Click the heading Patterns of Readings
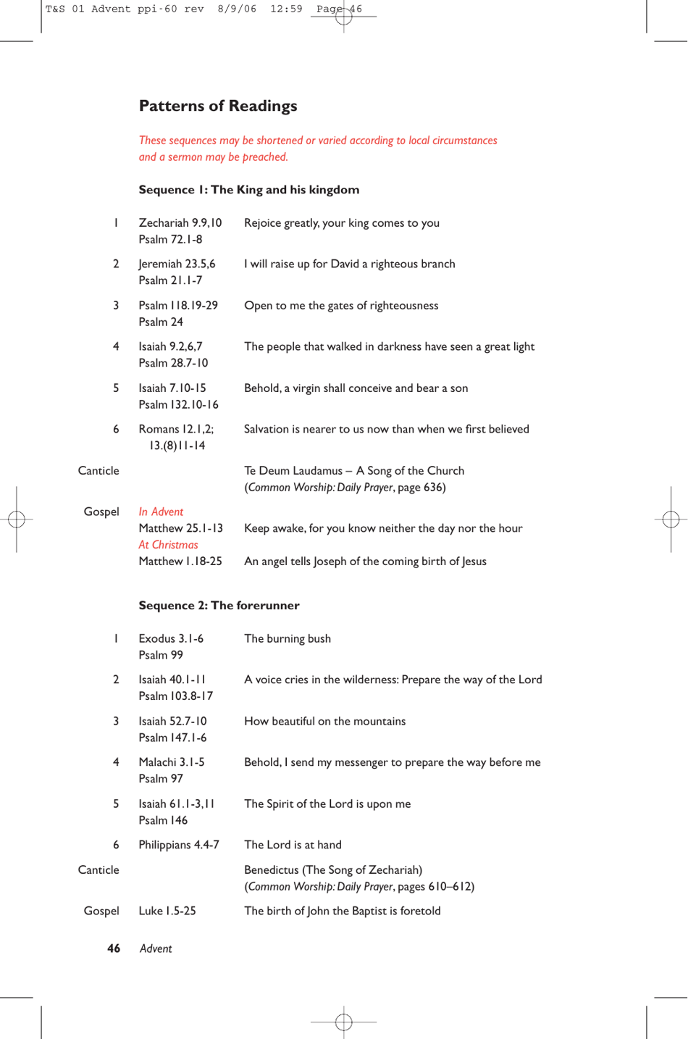218,106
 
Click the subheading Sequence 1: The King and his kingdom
248,190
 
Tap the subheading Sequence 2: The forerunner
219,606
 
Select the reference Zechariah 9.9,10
180,223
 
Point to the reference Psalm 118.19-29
178,306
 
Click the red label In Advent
161,512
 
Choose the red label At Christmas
168,545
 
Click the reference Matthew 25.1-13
180,528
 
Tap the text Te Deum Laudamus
293,471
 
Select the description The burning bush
287,638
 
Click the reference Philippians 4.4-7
179,845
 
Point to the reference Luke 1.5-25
167,911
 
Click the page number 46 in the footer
114,948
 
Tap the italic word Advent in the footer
156,948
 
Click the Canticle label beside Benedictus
98,869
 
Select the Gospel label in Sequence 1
101,512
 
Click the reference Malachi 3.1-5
172,762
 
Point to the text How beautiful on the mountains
324,721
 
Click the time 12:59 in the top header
286,9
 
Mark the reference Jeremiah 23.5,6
177,264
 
